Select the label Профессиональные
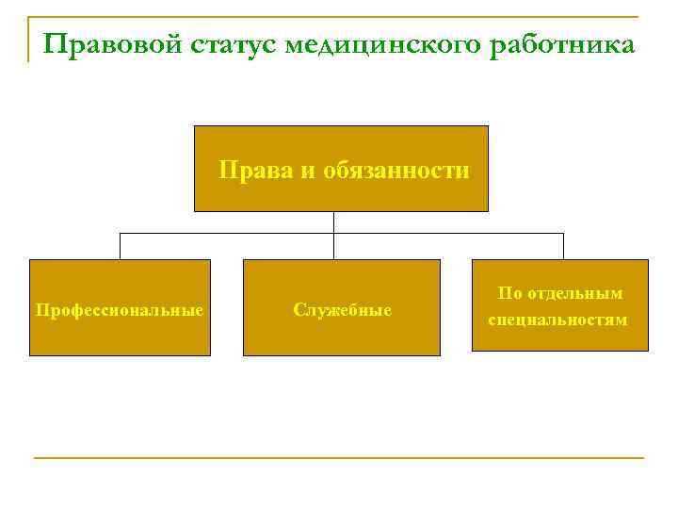coord(120,309)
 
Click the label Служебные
coord(342,309)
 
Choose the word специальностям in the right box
coord(557,320)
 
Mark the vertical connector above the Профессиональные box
coord(120,245)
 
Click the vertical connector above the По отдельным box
coord(563,245)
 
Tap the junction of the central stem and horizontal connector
coord(334,232)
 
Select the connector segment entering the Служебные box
coord(334,247)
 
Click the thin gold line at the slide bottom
coord(339,458)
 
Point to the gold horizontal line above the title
coord(339,17)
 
